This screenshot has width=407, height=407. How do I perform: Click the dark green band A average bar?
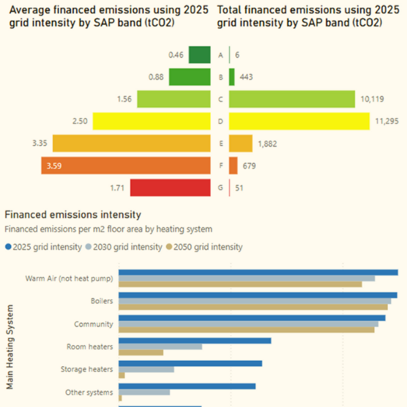[199, 55]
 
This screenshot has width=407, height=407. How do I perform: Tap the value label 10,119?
[373, 99]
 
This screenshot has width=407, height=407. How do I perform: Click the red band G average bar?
[170, 187]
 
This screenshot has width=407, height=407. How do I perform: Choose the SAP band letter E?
[220, 144]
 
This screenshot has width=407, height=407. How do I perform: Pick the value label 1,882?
[267, 144]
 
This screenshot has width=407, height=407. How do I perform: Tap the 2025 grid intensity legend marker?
[8, 247]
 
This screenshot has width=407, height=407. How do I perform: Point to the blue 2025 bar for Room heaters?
[195, 341]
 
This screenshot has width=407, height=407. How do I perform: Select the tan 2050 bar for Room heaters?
[141, 353]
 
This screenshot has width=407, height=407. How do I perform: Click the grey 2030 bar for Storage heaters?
[147, 370]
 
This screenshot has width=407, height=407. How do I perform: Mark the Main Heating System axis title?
[10, 347]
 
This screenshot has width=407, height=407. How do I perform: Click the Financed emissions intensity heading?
[73, 214]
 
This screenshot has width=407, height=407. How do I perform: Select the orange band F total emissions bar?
[233, 166]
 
